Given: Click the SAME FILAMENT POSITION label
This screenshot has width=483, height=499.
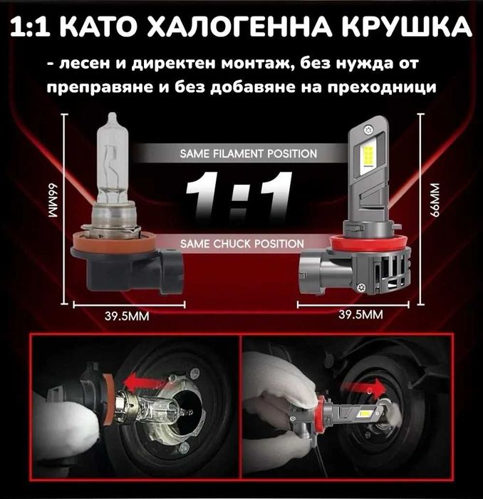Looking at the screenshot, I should click(x=249, y=153).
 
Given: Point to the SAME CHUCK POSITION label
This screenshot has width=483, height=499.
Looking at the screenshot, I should click(x=242, y=244).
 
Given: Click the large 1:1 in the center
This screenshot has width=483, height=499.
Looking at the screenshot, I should click(x=240, y=196).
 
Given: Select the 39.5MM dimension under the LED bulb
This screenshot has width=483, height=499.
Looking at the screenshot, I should click(x=361, y=314).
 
